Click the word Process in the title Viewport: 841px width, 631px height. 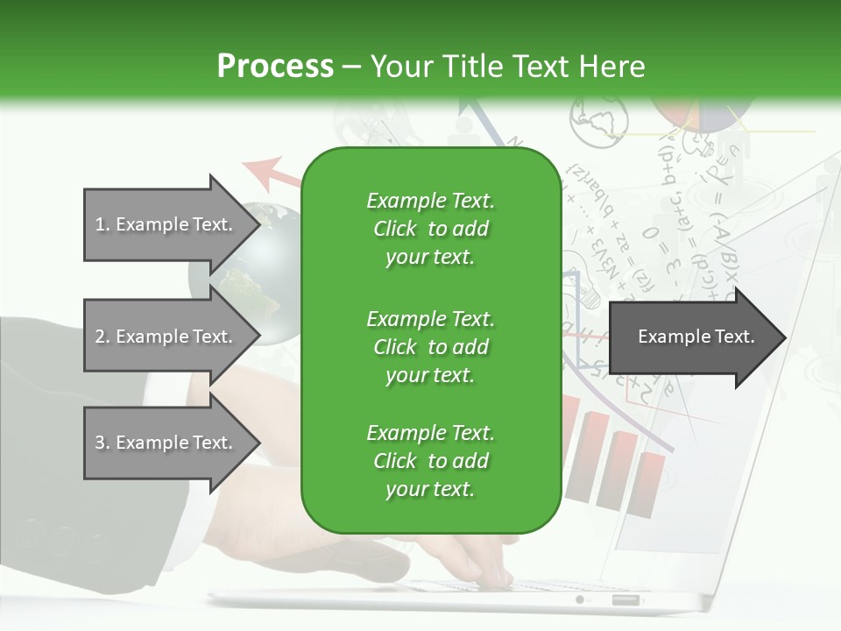(275, 67)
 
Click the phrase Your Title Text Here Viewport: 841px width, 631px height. (508, 67)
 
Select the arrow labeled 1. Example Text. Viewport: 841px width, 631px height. (166, 224)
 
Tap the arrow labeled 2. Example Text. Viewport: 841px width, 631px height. (166, 337)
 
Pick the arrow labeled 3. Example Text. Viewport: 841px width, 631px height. (166, 443)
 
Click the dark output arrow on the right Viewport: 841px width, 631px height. (696, 337)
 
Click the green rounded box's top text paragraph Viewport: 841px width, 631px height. (430, 229)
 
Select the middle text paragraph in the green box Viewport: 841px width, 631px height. (430, 347)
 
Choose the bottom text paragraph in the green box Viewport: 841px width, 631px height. (430, 461)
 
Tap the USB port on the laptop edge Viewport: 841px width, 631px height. (625, 600)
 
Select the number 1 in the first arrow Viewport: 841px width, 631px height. (99, 224)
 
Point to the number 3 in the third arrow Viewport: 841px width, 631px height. (100, 443)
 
